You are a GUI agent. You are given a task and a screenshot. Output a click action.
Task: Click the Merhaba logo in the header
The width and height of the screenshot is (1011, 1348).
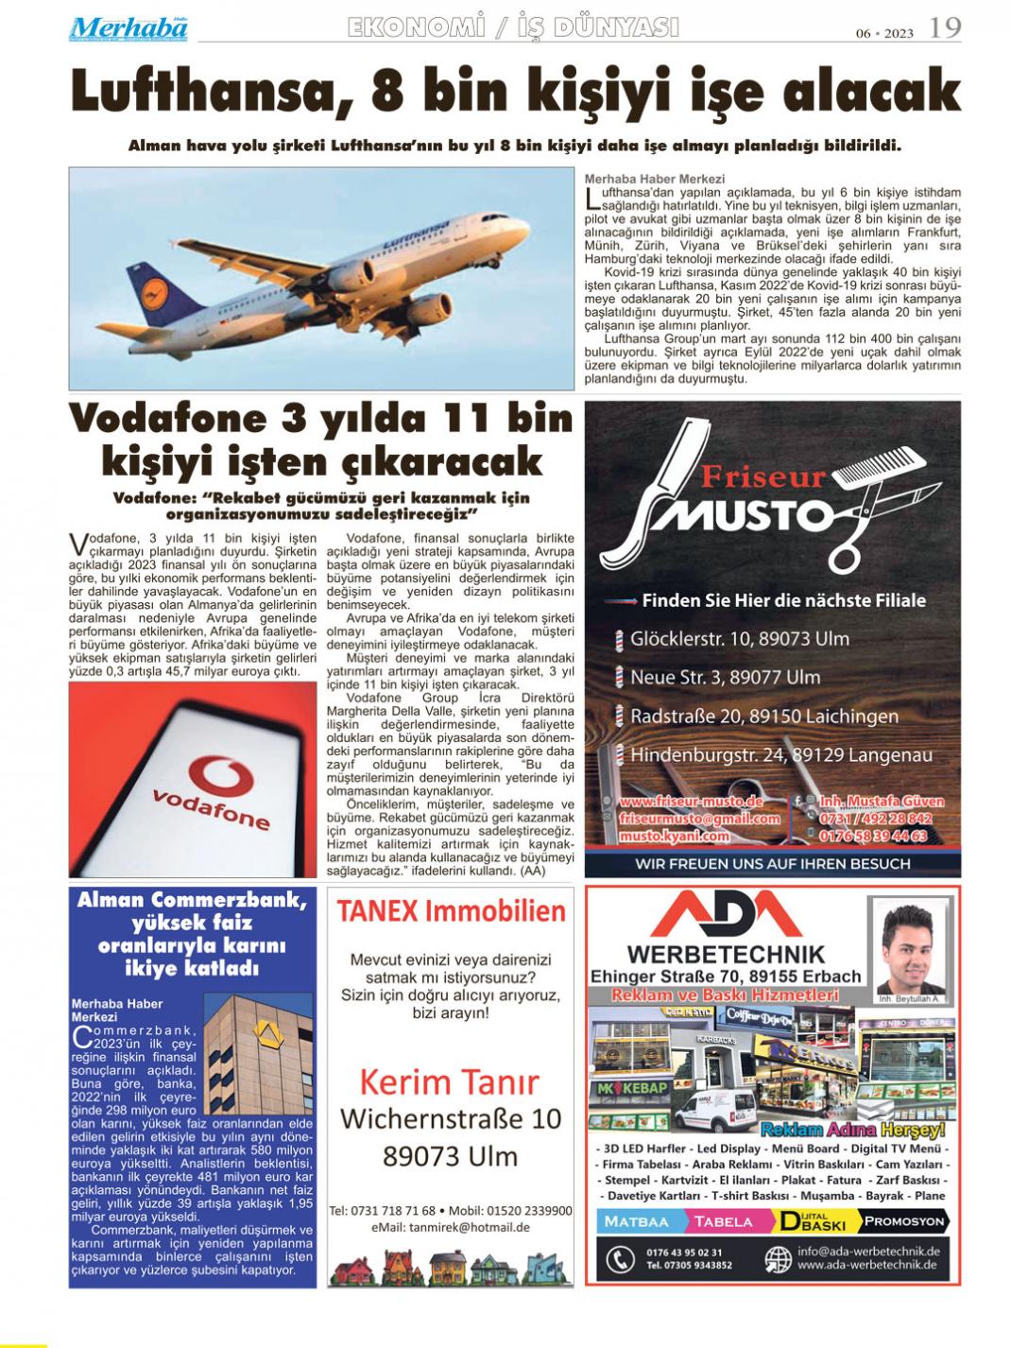[x=128, y=28]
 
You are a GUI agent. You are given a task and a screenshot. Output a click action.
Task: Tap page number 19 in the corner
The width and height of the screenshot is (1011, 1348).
[x=945, y=28]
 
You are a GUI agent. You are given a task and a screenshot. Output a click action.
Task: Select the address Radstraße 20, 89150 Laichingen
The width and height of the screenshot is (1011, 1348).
[x=763, y=717]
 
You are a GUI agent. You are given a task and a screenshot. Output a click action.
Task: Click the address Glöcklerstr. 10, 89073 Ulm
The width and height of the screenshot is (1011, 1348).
[x=739, y=638]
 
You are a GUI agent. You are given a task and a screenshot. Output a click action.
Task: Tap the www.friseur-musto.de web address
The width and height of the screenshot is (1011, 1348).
[x=691, y=803]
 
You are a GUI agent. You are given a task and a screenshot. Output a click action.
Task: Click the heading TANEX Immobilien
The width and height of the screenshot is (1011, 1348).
[x=451, y=911]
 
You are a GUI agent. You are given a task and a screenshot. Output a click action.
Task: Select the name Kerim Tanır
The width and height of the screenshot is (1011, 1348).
[x=450, y=1081]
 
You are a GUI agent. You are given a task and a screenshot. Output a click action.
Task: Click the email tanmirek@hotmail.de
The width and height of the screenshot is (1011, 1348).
[x=450, y=1227]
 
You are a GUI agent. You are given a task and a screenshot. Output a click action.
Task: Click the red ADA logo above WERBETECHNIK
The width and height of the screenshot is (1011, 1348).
[x=725, y=915]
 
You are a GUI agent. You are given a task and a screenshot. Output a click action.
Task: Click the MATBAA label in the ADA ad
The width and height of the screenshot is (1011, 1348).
[x=638, y=1221]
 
